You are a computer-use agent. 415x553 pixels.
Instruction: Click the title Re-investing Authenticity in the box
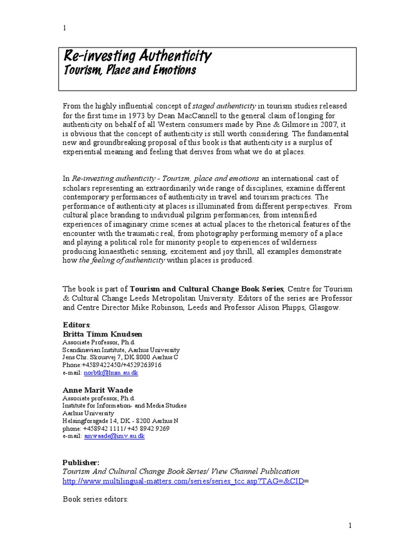(x=138, y=56)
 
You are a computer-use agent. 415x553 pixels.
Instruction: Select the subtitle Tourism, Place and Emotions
(x=130, y=70)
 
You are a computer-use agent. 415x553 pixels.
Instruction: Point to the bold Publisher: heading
(x=81, y=462)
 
